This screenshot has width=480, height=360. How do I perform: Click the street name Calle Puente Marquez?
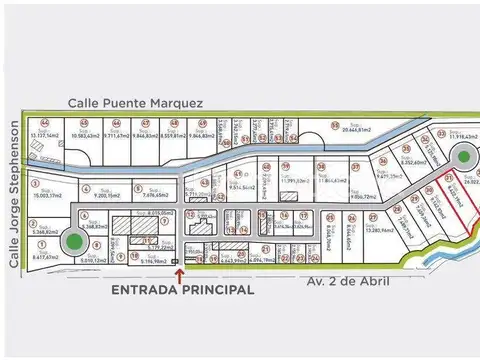coord(137,103)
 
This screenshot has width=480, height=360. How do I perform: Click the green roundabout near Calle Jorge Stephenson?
coord(73,241)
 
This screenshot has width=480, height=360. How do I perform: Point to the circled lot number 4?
coord(87,186)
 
